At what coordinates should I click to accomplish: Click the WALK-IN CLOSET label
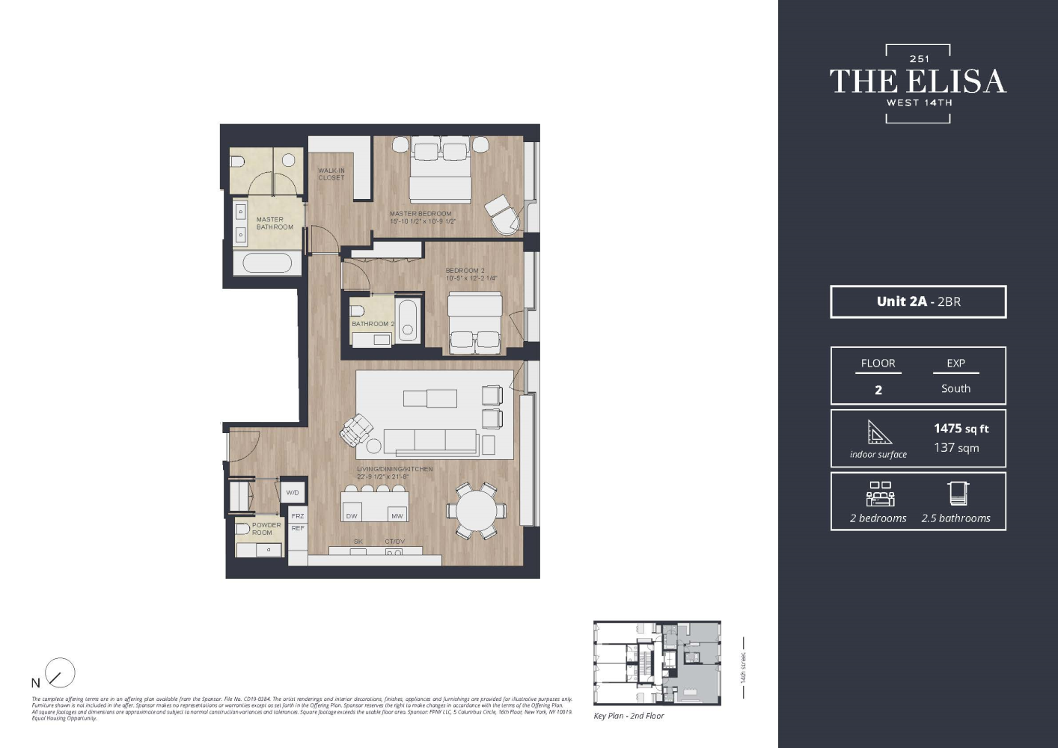tap(331, 174)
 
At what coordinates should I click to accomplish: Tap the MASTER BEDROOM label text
tap(421, 214)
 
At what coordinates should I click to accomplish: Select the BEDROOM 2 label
tap(465, 271)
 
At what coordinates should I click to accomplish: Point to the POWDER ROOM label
tap(266, 529)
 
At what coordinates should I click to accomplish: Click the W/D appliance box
tap(293, 492)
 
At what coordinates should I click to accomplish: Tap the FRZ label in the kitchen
tap(298, 516)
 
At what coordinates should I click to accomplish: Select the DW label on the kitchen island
tap(352, 516)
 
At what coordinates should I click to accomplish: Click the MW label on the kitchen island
tap(397, 516)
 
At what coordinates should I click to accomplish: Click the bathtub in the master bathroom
tap(267, 263)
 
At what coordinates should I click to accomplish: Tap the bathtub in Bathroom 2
tap(408, 320)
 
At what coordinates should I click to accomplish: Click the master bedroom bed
tap(440, 174)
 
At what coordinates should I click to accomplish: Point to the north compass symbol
tap(59, 673)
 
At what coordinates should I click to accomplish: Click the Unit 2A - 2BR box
tap(918, 302)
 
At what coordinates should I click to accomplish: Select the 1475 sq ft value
tap(961, 429)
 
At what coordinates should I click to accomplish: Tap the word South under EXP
tap(955, 389)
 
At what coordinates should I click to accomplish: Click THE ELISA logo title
tap(918, 82)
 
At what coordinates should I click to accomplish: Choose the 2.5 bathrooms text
tap(955, 518)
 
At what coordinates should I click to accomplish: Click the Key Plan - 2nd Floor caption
tap(629, 716)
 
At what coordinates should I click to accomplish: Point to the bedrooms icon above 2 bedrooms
tap(880, 494)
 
